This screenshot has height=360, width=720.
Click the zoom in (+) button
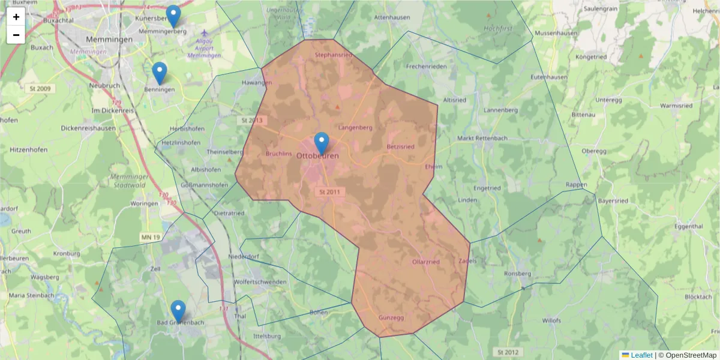tap(16, 17)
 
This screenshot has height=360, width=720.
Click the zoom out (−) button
tap(16, 35)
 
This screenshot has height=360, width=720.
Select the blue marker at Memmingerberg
tap(173, 16)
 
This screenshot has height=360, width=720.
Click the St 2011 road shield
tap(330, 192)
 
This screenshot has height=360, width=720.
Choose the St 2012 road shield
tap(508, 352)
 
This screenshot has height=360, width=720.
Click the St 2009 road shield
tap(40, 89)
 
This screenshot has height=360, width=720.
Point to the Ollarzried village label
tap(426, 262)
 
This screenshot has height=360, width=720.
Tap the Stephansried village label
tap(333, 55)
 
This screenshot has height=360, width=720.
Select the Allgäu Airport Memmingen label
tap(204, 48)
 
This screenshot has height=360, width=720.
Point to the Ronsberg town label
tap(518, 274)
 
